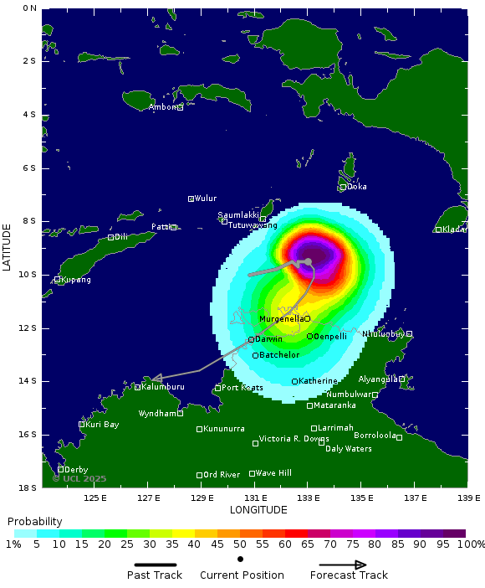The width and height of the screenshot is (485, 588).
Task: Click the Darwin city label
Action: click(x=268, y=338)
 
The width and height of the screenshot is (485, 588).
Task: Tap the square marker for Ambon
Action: click(x=180, y=107)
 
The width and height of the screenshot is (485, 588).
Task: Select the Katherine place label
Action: click(x=318, y=381)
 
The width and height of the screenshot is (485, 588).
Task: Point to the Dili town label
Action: click(x=120, y=237)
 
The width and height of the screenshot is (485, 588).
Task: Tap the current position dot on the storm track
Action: click(x=308, y=262)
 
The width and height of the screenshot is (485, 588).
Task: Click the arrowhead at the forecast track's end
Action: click(x=156, y=379)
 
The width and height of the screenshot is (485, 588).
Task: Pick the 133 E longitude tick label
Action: click(x=308, y=498)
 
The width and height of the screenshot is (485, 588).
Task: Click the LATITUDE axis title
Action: click(x=7, y=246)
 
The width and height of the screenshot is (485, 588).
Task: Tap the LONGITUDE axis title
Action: click(x=258, y=510)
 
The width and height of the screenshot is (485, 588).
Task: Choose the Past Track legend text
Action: click(x=155, y=575)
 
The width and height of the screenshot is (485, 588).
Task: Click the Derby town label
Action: click(x=76, y=470)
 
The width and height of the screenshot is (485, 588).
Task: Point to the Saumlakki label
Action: click(x=238, y=215)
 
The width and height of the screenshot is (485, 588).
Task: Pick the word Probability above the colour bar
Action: click(x=35, y=521)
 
